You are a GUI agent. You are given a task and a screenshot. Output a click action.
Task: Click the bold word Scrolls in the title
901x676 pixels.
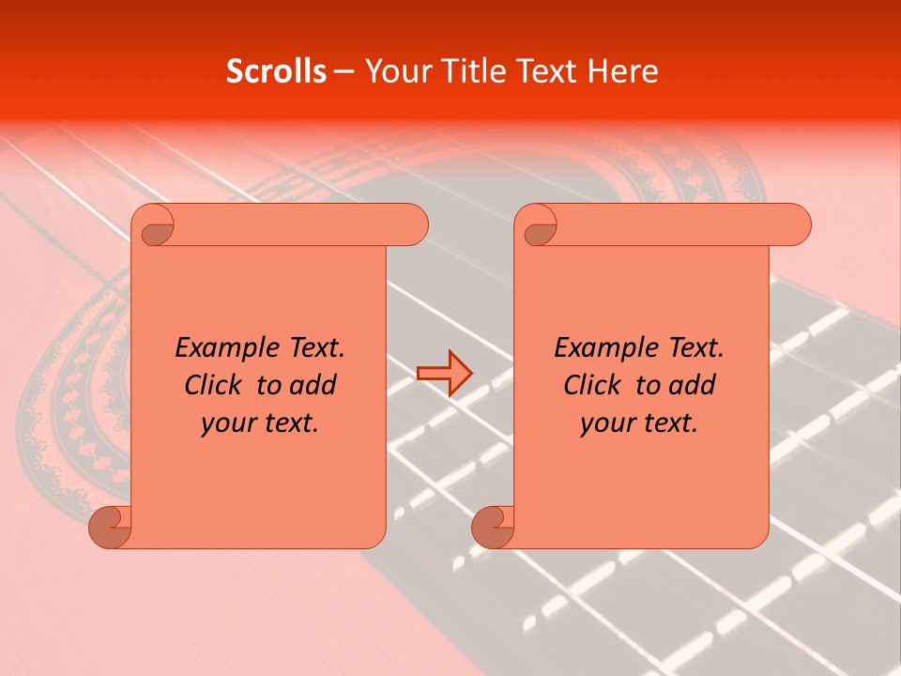pyautogui.click(x=276, y=71)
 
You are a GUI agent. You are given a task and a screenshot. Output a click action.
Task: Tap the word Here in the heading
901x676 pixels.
pyautogui.click(x=622, y=71)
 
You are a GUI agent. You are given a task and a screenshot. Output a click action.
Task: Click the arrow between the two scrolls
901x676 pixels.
pyautogui.click(x=444, y=373)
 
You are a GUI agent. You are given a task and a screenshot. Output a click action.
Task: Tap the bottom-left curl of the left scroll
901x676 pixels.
pyautogui.click(x=109, y=527)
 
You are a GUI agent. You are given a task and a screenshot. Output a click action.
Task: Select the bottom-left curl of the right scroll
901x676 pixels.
pyautogui.click(x=492, y=527)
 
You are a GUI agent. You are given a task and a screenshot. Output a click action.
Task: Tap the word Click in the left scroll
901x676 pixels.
pyautogui.click(x=212, y=385)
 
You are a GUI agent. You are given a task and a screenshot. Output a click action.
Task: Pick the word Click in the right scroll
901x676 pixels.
pyautogui.click(x=591, y=385)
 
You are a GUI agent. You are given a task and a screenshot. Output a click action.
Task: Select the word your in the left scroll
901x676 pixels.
pyautogui.click(x=226, y=423)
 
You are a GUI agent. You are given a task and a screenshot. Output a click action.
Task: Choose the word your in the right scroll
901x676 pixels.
pyautogui.click(x=605, y=423)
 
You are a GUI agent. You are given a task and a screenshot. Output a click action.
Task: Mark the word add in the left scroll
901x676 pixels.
pyautogui.click(x=313, y=385)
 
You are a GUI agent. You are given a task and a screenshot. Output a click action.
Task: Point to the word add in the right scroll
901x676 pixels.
pyautogui.click(x=693, y=385)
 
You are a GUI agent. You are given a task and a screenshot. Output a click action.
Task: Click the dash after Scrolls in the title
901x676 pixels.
pyautogui.click(x=344, y=71)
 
